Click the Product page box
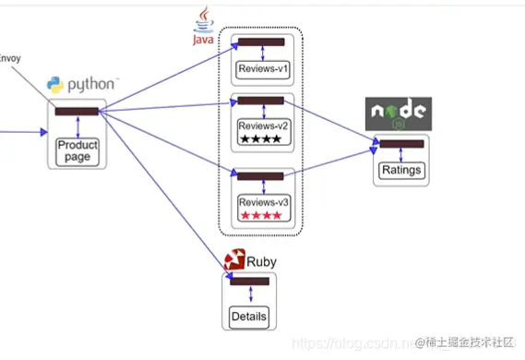[78, 150]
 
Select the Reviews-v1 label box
[263, 68]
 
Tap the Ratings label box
[401, 170]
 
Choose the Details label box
[249, 317]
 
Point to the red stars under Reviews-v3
[261, 216]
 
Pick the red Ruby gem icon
[233, 260]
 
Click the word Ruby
[261, 261]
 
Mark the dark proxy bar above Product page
[78, 113]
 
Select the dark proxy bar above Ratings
[401, 144]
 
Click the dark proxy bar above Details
[249, 282]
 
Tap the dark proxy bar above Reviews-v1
[263, 42]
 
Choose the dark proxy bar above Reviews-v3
[262, 175]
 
